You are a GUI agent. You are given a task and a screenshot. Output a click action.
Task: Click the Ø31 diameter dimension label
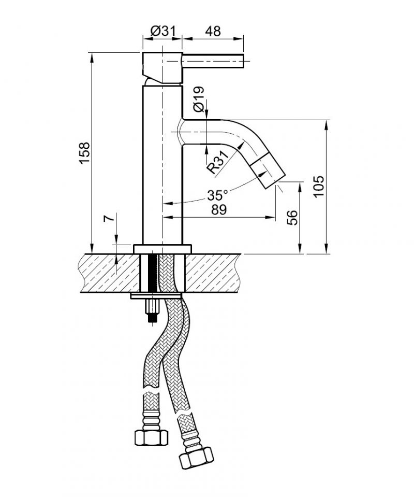tap(162, 31)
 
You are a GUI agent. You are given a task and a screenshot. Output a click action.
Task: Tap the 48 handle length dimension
tap(213, 31)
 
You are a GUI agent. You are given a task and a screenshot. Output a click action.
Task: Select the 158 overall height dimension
tap(85, 153)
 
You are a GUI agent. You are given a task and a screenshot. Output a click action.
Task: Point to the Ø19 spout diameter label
tap(198, 99)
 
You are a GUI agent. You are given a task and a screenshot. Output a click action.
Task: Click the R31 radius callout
tap(218, 162)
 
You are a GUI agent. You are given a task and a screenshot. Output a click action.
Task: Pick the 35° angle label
tap(217, 195)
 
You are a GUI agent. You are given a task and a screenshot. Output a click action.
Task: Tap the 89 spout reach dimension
tap(219, 209)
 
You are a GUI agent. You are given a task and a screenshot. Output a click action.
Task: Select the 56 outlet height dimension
tap(292, 218)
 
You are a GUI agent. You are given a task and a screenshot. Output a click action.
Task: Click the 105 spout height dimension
tap(319, 186)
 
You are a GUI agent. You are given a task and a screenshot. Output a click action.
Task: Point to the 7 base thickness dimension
tap(109, 219)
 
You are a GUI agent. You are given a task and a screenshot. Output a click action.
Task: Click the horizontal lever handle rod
tap(213, 61)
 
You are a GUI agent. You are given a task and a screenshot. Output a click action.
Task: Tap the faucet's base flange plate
tap(162, 249)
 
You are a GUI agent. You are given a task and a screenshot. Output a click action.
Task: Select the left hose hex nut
tap(151, 438)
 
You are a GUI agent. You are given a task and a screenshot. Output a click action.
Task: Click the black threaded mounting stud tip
tap(153, 318)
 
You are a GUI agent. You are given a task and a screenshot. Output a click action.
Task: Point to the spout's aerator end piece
tap(269, 171)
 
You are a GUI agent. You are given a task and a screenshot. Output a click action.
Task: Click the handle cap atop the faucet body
tap(162, 68)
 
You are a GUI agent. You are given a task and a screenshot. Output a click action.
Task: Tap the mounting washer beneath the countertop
tap(156, 296)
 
